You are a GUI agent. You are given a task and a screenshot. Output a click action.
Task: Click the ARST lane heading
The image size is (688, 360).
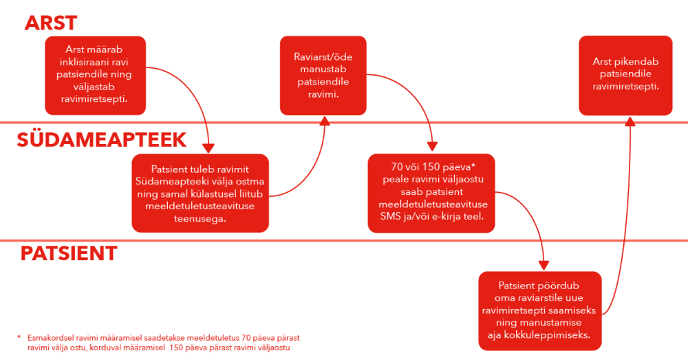[x=51, y=23]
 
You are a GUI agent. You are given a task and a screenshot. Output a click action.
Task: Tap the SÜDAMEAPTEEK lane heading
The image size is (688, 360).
[x=101, y=140]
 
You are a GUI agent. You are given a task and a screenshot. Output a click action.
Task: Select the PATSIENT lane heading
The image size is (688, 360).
[x=69, y=254]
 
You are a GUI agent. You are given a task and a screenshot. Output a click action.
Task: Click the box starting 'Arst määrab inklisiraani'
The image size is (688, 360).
[x=95, y=76]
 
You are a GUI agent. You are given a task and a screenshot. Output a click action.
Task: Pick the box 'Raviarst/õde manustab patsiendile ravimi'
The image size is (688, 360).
[x=323, y=76]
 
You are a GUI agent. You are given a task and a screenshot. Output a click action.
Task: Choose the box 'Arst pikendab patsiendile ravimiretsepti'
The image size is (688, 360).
[x=625, y=76]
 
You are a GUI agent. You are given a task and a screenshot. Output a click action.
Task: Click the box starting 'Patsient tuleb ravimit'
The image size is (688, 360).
[x=200, y=193]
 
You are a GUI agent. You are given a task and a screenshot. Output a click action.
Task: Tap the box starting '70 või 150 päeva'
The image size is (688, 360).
[x=431, y=193]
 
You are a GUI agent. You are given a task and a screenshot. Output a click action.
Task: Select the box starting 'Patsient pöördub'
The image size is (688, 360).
[x=539, y=311]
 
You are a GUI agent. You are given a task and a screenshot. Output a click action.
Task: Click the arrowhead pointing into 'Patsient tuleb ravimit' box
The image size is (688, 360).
[x=208, y=149]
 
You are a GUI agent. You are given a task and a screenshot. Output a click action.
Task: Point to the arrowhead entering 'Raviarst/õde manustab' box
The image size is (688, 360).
[x=325, y=120]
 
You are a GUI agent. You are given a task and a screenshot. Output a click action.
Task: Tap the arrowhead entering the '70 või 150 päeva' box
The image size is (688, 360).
[x=432, y=147]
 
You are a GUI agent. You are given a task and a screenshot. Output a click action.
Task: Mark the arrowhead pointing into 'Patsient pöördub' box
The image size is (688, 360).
[x=544, y=265]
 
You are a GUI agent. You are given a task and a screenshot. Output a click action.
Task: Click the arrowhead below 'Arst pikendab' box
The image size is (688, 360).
[x=630, y=121]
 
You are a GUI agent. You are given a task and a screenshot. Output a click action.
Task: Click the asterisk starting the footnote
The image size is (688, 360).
[x=19, y=337]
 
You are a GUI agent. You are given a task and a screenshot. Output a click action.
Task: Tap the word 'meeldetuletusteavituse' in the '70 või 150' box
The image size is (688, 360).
[x=433, y=204]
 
